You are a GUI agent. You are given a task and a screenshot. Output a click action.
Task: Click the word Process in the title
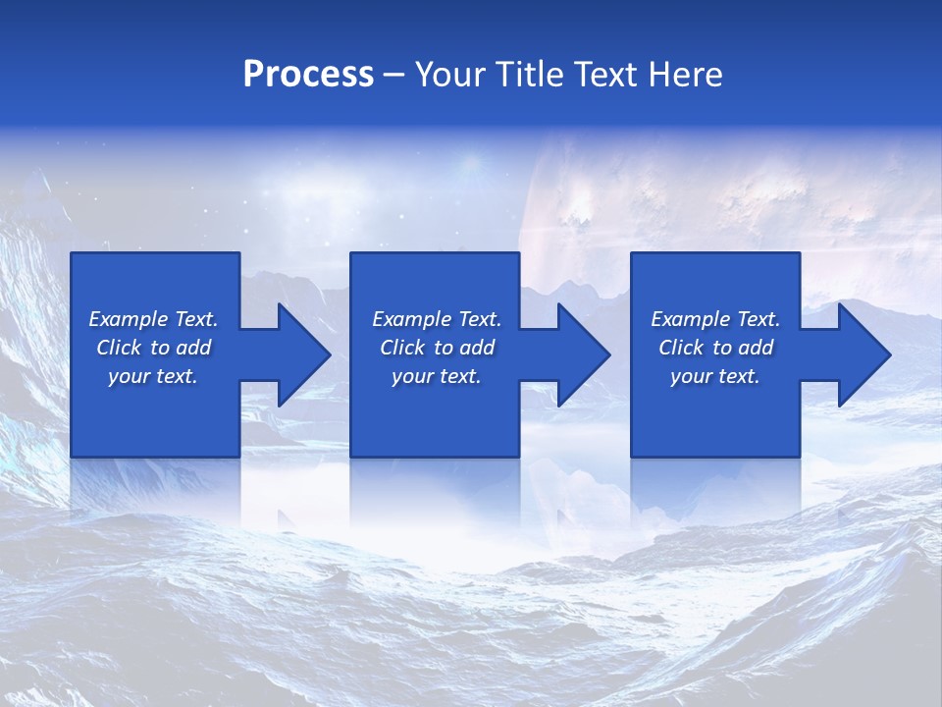point(308,75)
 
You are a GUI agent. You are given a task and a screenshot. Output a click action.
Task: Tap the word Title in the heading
point(530,75)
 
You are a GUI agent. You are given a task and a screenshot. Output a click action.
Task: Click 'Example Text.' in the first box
point(154,319)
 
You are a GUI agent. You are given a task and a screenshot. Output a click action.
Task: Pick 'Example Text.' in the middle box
point(437,319)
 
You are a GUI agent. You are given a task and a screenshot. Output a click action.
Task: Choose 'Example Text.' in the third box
point(715,319)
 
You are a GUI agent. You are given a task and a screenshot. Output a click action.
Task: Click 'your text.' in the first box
point(153,376)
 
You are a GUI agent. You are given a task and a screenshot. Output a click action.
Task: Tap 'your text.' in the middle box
point(437,376)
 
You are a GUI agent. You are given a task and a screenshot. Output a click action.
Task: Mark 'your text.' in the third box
point(715,376)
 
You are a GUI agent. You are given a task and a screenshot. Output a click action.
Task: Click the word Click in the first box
point(120,348)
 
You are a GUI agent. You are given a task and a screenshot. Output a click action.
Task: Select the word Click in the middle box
point(402,348)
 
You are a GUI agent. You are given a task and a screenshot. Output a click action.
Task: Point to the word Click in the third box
point(682,348)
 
